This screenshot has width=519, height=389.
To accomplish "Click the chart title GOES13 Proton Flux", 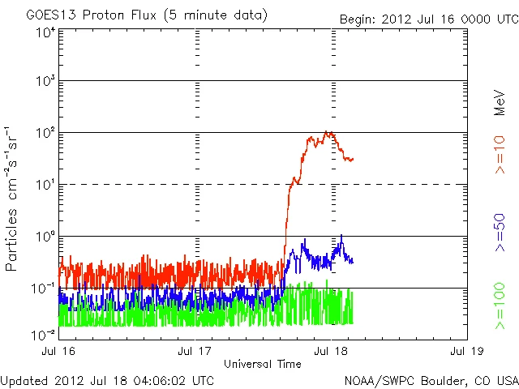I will pos(147,15).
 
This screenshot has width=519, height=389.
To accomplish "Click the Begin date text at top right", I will pos(427,19).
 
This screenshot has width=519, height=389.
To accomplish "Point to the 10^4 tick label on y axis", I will pos(45,32).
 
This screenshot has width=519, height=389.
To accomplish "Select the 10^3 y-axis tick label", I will pos(45,82).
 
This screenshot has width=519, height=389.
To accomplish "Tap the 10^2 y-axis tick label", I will pos(45,133).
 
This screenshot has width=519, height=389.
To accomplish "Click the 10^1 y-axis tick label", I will pos(45,185).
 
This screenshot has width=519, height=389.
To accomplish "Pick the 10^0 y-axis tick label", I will pos(45,237).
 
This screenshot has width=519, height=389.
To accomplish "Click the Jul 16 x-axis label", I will pos(59,352).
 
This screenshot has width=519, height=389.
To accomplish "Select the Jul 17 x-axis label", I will pos(195,352).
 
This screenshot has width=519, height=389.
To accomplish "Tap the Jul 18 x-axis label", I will pos(331,352).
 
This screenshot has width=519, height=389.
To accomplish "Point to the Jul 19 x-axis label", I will pos(466,352).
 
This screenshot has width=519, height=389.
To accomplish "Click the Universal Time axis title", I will pos(262,364).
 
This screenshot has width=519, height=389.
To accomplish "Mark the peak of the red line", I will pos(326,132).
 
